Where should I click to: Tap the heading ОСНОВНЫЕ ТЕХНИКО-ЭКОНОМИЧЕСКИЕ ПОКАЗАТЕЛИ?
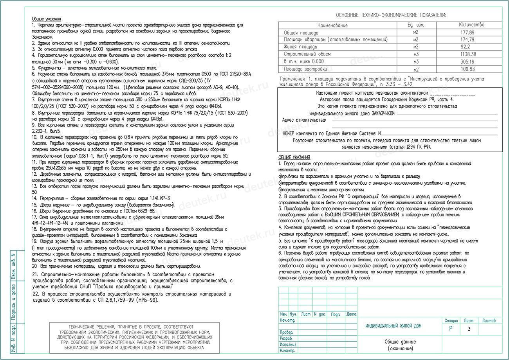point(390,15)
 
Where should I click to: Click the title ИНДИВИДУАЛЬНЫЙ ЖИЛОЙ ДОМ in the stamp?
point(393,326)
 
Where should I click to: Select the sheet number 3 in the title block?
point(469,329)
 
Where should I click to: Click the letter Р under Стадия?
point(450,329)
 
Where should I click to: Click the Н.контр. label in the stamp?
point(287,351)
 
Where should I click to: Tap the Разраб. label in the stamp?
point(286,338)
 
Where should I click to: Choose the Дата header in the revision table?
point(351,314)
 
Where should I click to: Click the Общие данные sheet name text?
point(400,342)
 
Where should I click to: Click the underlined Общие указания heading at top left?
point(46,19)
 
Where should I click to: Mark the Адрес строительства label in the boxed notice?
point(304,120)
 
